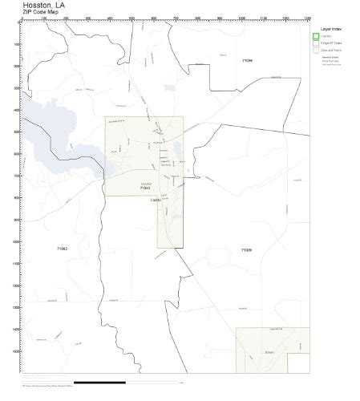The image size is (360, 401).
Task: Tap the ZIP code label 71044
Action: (247, 60)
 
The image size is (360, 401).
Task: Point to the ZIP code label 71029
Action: (246, 251)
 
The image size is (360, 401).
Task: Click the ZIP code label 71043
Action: (146, 188)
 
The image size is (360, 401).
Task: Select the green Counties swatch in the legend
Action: (317, 36)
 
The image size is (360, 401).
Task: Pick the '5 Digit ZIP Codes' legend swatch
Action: (317, 43)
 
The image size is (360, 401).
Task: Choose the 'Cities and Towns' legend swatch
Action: (317, 51)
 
